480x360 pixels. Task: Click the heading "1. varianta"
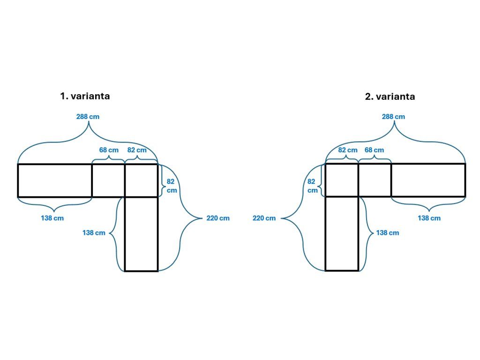pos(85,96)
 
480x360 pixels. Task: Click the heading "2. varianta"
pos(390,97)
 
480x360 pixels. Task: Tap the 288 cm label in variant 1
pos(88,117)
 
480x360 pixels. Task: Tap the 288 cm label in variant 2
pos(393,117)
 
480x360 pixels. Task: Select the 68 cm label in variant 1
pos(109,150)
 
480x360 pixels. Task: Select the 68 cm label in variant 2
pos(374,150)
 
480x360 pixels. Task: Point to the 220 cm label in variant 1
pos(218,218)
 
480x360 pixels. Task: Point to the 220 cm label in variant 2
pos(264,218)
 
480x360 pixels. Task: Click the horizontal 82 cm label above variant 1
pos(137,150)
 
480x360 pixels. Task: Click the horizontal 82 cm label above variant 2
pos(348,150)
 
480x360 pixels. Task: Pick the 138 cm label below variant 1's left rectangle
pos(52,218)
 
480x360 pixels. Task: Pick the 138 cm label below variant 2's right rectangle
pos(429,218)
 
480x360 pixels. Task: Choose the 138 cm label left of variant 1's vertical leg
pos(94,232)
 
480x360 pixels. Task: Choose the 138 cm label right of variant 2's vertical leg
pos(387,232)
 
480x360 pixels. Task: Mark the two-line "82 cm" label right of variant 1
pos(172,186)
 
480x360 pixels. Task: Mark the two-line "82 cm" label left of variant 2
pos(312,186)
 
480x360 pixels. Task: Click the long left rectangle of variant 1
pos(55,180)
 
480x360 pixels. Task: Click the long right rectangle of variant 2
pos(428,180)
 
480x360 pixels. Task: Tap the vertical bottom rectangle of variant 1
pos(141,233)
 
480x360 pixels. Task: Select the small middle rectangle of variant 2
pos(375,180)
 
